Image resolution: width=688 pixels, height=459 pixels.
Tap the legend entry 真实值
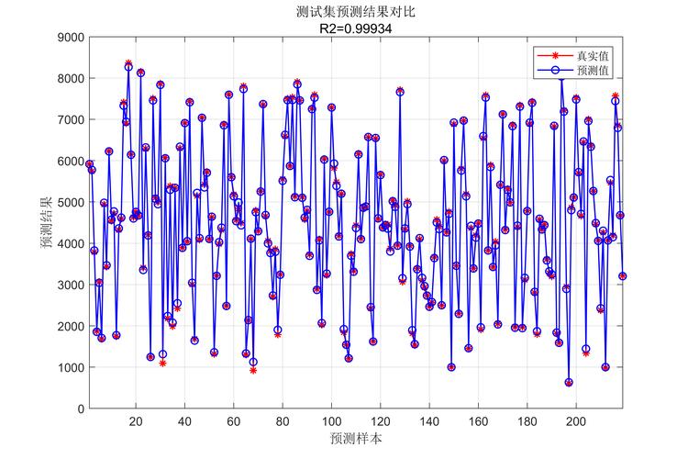(592, 56)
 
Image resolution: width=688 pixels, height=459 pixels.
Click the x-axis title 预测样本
(357, 440)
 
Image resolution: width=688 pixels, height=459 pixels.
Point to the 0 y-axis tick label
(80, 409)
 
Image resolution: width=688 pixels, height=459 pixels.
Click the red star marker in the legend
(555, 56)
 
